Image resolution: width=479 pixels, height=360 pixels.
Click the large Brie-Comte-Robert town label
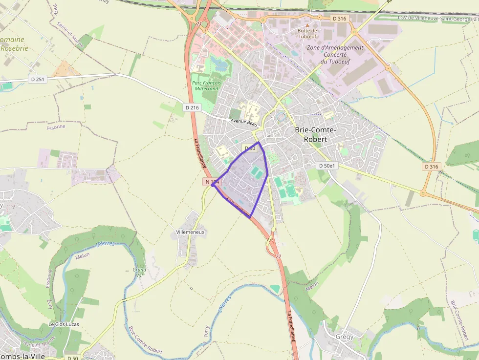coord(315,134)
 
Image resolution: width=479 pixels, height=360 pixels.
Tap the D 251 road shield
coord(37,79)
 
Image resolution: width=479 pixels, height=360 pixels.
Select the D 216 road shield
coord(193,107)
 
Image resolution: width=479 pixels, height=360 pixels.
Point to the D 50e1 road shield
coord(327,166)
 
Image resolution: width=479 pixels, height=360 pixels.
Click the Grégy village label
coord(345,337)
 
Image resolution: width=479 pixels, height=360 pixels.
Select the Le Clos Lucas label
coord(64,324)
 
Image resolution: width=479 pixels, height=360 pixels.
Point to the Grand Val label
coord(139,272)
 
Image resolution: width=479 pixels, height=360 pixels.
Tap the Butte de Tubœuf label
coord(307,34)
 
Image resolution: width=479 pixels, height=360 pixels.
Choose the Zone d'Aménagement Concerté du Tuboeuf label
coord(335,55)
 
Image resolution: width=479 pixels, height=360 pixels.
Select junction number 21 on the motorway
coord(198,23)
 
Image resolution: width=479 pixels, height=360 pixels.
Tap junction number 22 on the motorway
coord(279,256)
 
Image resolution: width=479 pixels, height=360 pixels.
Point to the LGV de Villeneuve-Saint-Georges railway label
coord(437,18)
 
